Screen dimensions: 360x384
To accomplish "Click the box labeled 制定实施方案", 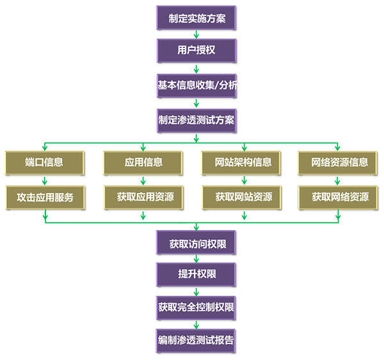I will point(196,19).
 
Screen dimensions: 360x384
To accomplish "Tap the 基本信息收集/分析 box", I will point(196,84).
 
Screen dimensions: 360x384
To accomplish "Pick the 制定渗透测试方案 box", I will point(196,118).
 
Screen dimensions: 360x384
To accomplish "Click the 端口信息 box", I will point(45,162).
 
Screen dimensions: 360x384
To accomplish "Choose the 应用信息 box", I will point(143,162).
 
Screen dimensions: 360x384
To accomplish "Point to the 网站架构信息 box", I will point(240,162).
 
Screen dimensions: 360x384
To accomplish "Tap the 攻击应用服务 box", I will point(45,197).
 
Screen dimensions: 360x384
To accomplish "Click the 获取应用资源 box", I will point(143,197).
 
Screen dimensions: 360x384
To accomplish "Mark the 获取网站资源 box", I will point(240,197).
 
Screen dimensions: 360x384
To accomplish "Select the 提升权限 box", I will point(196,276).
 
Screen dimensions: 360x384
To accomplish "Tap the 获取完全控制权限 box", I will point(196,308).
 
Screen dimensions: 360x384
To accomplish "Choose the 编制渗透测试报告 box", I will point(196,341).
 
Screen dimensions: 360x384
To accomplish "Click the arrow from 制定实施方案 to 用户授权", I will point(196,35).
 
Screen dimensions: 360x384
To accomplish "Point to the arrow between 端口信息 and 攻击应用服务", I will point(45,180).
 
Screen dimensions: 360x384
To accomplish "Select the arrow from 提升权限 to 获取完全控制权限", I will point(196,292).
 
